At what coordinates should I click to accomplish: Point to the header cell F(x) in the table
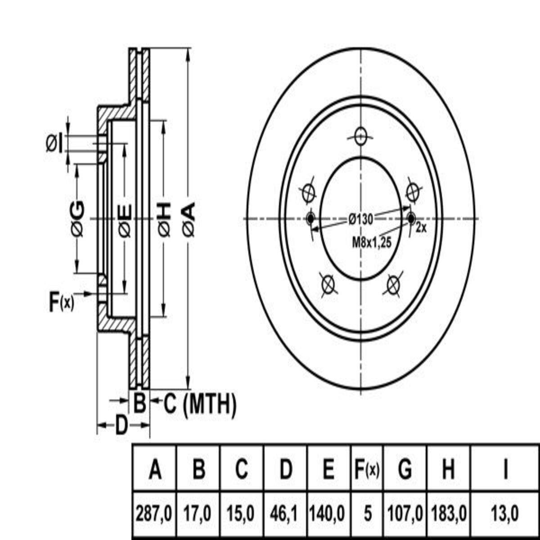pyautogui.click(x=366, y=470)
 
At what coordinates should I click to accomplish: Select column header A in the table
pyautogui.click(x=154, y=470)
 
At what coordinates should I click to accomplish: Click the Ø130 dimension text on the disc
pyautogui.click(x=360, y=219)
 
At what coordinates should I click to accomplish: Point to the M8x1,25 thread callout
pyautogui.click(x=372, y=242)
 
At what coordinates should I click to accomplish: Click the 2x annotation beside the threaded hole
pyautogui.click(x=421, y=228)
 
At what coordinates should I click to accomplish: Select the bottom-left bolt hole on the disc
pyautogui.click(x=328, y=284)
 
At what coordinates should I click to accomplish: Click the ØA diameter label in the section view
pyautogui.click(x=189, y=220)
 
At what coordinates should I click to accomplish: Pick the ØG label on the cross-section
pyautogui.click(x=78, y=219)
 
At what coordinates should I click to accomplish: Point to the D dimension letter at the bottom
pyautogui.click(x=120, y=425)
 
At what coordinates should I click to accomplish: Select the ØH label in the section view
pyautogui.click(x=165, y=220)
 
